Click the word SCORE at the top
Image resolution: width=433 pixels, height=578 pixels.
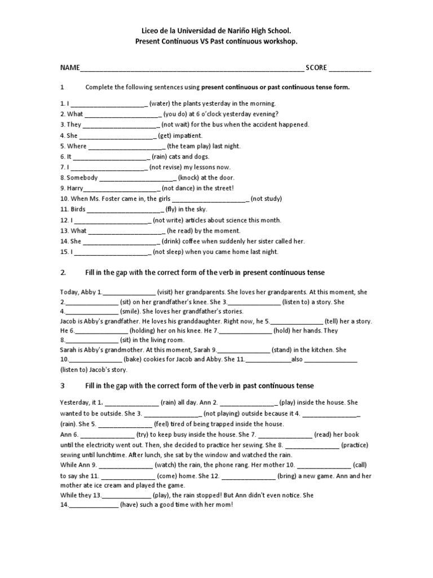(x=316, y=68)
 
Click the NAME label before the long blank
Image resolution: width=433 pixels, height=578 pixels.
(x=70, y=68)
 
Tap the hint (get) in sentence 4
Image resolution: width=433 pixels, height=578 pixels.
(x=165, y=135)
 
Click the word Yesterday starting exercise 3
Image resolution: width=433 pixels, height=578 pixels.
(x=76, y=402)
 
